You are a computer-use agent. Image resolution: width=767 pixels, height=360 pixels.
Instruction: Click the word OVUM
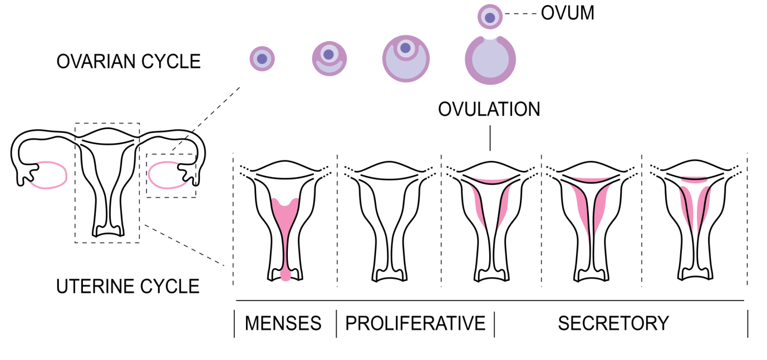coord(567,13)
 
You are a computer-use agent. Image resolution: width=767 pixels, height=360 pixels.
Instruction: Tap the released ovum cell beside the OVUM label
coord(490,17)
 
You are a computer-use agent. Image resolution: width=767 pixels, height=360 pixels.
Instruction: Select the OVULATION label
coord(489,109)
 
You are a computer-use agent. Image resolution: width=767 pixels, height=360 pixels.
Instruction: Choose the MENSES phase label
coord(283,323)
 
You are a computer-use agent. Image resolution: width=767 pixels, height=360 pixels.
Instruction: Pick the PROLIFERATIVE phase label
coord(415,323)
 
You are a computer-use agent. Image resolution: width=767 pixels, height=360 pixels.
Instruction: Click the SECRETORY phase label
coord(613,323)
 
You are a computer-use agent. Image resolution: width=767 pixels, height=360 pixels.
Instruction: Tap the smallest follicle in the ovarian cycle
coord(262,58)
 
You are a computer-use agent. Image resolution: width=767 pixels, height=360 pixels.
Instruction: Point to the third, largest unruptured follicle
coord(406,58)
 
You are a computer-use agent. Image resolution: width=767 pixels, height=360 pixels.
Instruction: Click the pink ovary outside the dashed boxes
coord(49,176)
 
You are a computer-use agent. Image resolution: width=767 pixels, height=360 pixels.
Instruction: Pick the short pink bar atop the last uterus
coord(695,180)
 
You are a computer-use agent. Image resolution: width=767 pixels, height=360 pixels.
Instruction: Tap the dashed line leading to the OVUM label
coord(520,15)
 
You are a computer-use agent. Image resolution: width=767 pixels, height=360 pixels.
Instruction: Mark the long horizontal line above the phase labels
coord(490,300)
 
